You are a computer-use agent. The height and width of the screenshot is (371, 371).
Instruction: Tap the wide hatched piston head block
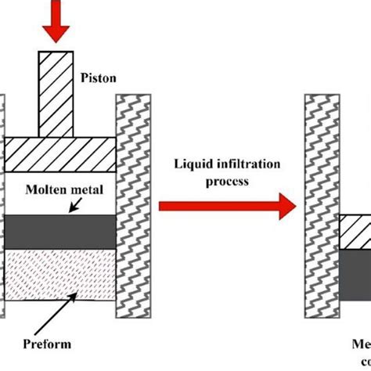tap(59, 154)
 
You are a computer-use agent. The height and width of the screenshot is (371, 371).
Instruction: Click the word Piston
tap(99, 78)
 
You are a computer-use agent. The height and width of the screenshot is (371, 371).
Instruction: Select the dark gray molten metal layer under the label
tap(59, 232)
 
